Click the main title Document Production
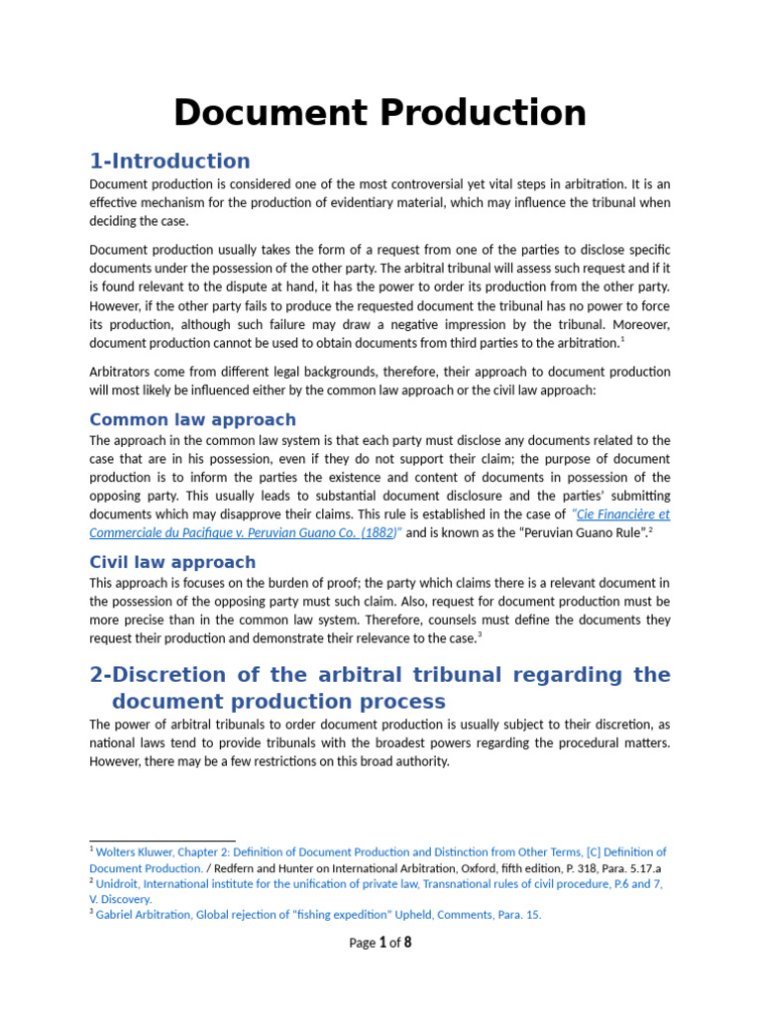point(380,113)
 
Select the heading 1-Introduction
point(169,161)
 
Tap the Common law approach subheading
point(192,419)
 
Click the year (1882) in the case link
point(377,532)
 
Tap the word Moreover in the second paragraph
point(638,324)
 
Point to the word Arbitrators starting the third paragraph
point(124,372)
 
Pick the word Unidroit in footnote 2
point(118,883)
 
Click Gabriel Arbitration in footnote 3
point(144,915)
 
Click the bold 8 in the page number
point(406,943)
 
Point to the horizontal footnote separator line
point(163,842)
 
